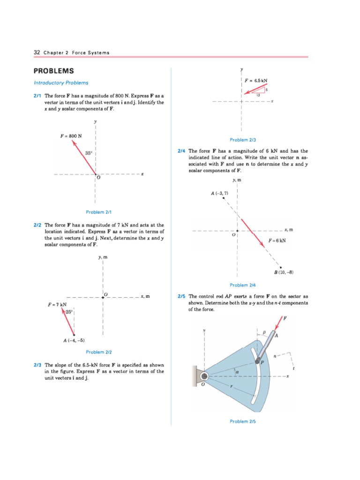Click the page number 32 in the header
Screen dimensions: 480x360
click(x=37, y=52)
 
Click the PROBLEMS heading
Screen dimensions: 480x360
click(x=54, y=71)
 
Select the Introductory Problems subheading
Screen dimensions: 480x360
click(x=61, y=83)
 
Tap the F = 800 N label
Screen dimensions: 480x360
click(x=71, y=136)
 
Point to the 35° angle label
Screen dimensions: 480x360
click(x=89, y=153)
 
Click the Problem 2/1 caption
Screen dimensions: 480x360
click(x=98, y=212)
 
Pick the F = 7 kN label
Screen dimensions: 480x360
click(x=57, y=305)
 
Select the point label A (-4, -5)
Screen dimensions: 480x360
click(x=74, y=340)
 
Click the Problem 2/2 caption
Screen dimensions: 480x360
click(x=98, y=352)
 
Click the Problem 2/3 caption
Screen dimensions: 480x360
click(x=243, y=140)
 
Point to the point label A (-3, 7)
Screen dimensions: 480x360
click(x=219, y=193)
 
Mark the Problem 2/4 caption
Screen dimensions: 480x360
click(x=243, y=285)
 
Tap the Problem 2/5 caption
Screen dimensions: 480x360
click(x=243, y=421)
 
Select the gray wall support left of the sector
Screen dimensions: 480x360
click(x=196, y=376)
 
